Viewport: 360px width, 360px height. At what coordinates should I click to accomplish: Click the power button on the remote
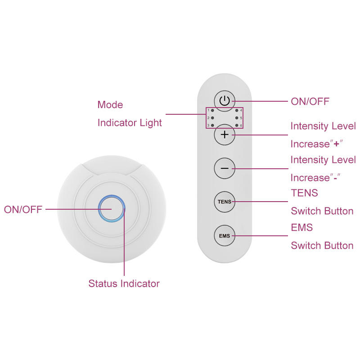(225, 101)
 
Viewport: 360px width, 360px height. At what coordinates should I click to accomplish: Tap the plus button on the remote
(225, 135)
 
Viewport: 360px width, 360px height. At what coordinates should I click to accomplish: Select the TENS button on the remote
(225, 202)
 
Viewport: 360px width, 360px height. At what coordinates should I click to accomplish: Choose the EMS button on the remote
(225, 235)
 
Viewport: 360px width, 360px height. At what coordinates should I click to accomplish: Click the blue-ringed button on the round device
(111, 209)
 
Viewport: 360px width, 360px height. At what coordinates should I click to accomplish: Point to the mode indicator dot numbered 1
(212, 110)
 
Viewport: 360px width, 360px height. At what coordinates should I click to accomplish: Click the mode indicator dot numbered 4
(237, 110)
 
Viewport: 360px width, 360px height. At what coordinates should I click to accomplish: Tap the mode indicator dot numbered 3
(212, 125)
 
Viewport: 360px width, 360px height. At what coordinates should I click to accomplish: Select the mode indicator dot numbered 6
(237, 125)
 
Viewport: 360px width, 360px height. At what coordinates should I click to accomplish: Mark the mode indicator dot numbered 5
(237, 118)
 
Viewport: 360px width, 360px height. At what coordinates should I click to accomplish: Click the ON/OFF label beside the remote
(310, 101)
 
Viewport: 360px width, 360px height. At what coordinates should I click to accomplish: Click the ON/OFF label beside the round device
(23, 209)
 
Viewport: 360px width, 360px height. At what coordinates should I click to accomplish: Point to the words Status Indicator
(124, 283)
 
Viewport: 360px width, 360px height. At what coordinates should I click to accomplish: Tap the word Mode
(110, 105)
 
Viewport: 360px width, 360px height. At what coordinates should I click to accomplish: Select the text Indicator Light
(130, 122)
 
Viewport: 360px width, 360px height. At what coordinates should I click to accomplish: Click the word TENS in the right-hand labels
(304, 193)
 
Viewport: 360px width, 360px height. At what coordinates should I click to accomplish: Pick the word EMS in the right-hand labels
(301, 228)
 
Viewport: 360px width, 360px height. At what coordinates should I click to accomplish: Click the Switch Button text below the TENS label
(322, 211)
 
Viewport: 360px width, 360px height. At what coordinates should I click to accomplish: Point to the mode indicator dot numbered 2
(212, 118)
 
